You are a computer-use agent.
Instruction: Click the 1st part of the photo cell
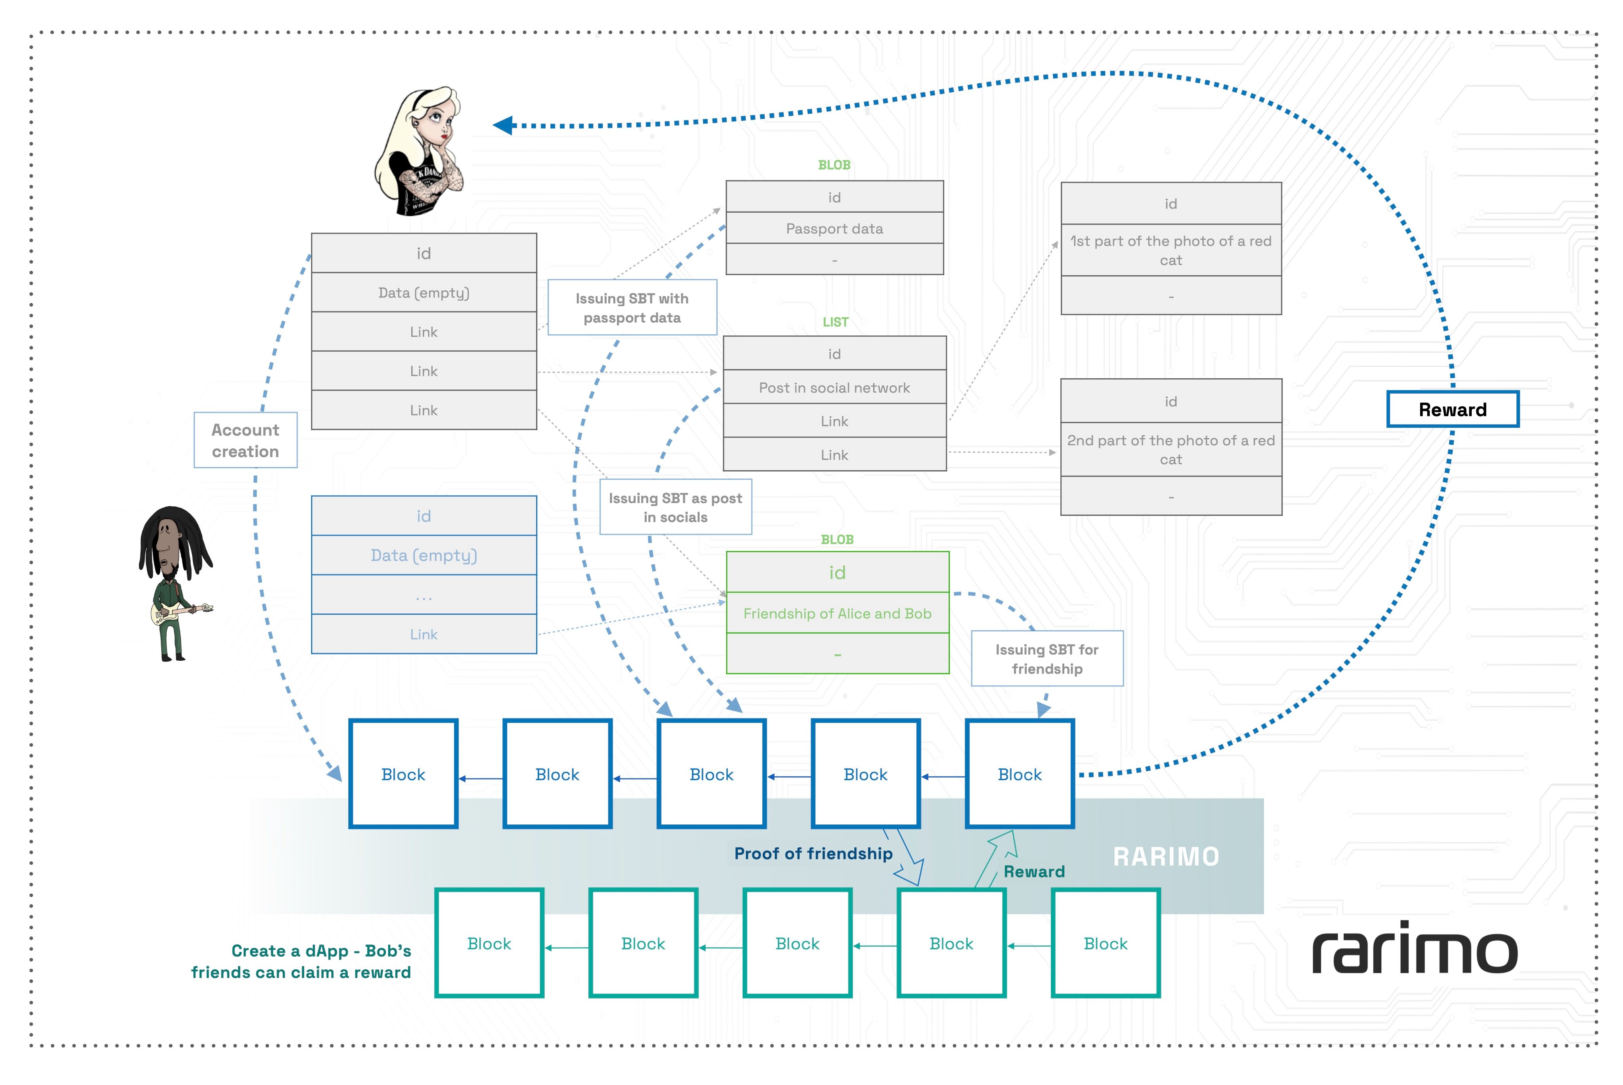point(1170,250)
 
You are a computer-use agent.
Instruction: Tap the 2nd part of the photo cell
point(1170,450)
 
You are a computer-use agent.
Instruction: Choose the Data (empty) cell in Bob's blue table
point(424,555)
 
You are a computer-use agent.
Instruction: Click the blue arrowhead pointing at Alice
point(503,125)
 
